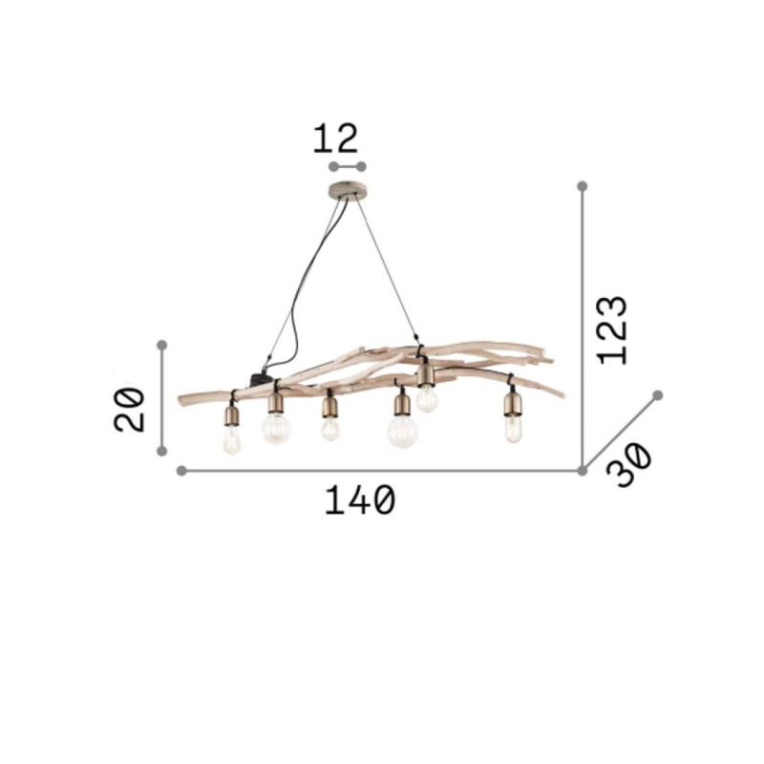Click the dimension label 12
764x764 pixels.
(335, 138)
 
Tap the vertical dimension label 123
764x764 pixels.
(612, 329)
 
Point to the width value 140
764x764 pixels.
(359, 500)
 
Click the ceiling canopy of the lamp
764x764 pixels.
(347, 188)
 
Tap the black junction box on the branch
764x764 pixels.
(259, 378)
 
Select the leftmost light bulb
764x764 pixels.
(231, 439)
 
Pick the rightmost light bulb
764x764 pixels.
(513, 429)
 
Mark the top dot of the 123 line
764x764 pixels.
(583, 186)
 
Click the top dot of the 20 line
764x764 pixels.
(162, 344)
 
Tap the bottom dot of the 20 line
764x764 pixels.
(162, 450)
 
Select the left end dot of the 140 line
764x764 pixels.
(182, 471)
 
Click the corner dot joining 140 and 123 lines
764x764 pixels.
(583, 471)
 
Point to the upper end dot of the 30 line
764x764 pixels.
(658, 394)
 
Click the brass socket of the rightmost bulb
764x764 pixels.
(512, 403)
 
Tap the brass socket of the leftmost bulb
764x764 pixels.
(231, 414)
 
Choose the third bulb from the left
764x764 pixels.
(329, 429)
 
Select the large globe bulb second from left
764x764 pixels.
(276, 429)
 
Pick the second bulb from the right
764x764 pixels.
(427, 397)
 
